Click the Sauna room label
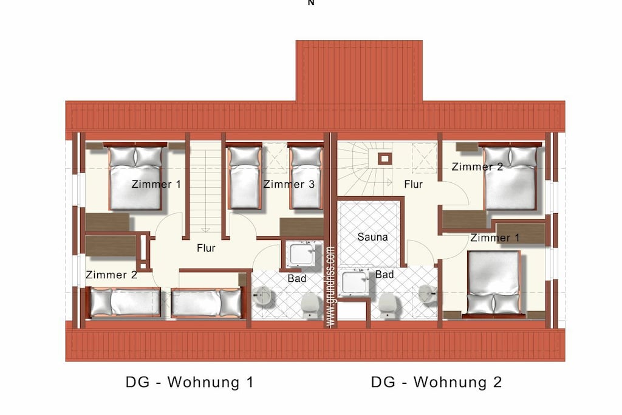click(372, 237)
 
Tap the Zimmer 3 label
click(289, 184)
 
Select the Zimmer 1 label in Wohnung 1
click(156, 184)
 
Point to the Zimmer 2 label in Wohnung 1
click(112, 275)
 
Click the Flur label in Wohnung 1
click(206, 248)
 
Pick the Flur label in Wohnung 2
click(413, 184)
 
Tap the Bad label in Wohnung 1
click(296, 278)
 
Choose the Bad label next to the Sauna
click(384, 274)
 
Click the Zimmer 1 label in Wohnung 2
click(494, 238)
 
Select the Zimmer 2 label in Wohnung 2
click(477, 166)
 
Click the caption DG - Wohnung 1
click(190, 382)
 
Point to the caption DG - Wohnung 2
click(436, 382)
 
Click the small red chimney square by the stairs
click(384, 159)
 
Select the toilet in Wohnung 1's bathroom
click(310, 305)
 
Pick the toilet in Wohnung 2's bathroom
click(386, 305)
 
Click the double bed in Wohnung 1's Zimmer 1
click(135, 177)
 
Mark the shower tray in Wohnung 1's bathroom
click(302, 254)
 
